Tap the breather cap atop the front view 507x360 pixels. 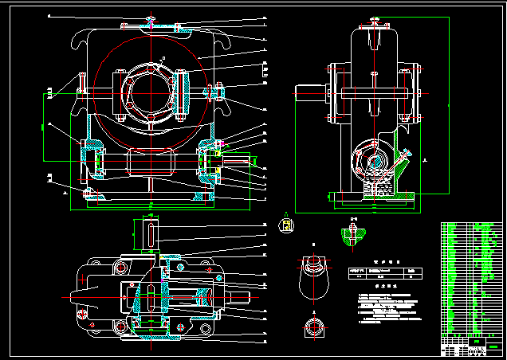click(151, 24)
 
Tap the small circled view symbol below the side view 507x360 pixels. click(285, 225)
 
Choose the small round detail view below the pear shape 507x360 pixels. click(312, 327)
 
